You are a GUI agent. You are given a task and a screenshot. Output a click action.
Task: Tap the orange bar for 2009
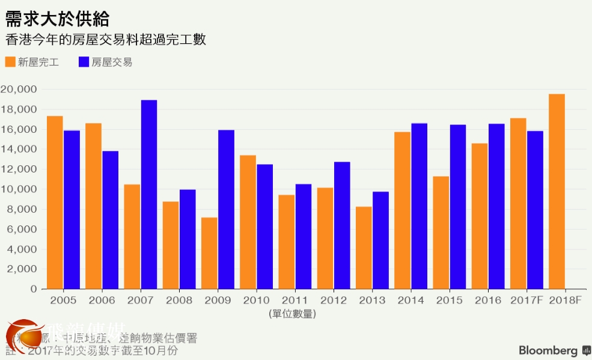209,253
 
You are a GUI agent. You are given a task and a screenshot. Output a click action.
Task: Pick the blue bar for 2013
380,240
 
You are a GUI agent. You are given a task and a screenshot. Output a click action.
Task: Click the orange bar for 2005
55,202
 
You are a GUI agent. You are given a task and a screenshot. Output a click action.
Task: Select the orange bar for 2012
325,238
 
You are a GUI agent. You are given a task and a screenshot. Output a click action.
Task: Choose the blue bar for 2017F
535,210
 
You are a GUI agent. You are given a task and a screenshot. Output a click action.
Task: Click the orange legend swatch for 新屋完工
10,62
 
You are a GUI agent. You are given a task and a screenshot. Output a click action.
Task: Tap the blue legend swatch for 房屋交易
84,62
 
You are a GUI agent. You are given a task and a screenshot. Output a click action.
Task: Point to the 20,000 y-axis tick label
19,90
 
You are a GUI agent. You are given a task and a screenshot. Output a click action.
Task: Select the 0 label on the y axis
34,289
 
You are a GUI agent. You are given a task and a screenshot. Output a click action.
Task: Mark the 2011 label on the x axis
294,301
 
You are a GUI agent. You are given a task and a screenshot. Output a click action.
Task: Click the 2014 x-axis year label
410,301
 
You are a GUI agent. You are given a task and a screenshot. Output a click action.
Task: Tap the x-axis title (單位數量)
293,314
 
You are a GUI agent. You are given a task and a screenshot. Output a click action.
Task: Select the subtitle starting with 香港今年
106,40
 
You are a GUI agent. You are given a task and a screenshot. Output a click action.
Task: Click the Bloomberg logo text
548,350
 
